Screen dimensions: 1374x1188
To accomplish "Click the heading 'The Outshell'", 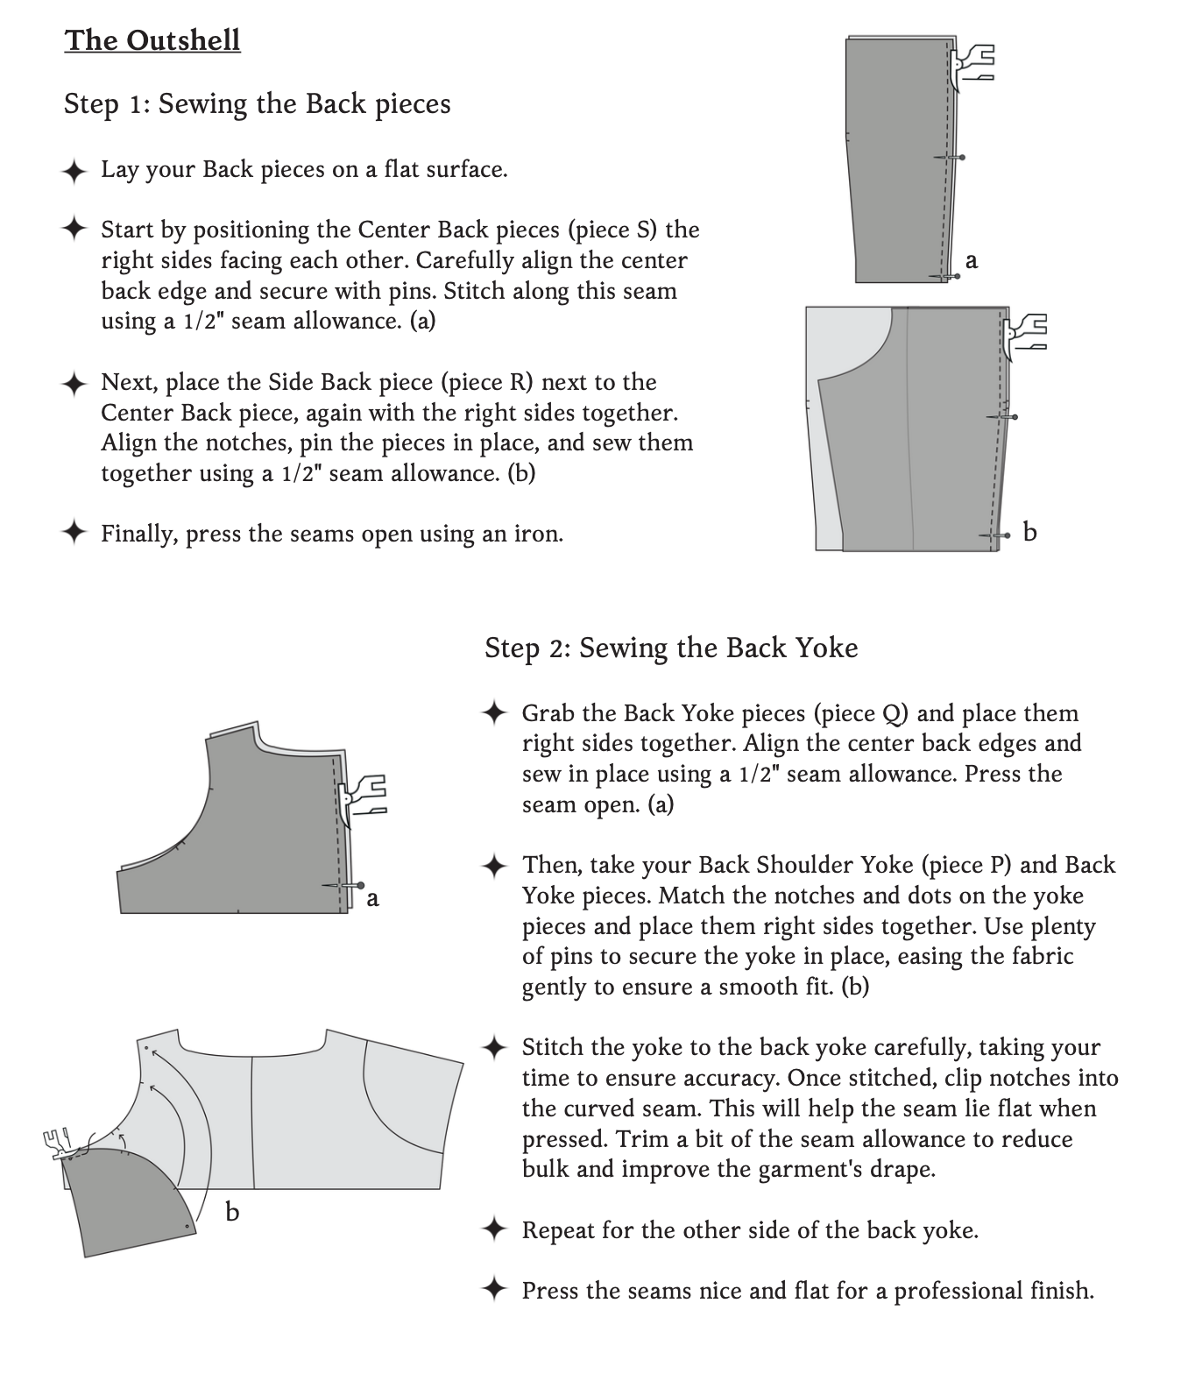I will [152, 40].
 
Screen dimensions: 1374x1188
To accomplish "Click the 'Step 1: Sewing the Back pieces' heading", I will [257, 103].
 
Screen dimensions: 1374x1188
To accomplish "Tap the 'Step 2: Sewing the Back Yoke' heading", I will [671, 648].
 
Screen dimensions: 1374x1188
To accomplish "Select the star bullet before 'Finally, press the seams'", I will [74, 533].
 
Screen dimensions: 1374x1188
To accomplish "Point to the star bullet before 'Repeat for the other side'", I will [495, 1230].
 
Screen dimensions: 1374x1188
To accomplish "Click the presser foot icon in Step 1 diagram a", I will [972, 64].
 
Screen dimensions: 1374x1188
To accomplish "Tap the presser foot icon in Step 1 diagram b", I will [1024, 333].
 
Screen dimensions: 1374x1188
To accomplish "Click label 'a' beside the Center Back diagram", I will [971, 260].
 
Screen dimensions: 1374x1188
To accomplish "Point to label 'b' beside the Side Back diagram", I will [1030, 532].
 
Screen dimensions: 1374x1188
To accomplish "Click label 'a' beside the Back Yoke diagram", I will [373, 898].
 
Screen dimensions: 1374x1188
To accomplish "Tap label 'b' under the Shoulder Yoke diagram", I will [232, 1212].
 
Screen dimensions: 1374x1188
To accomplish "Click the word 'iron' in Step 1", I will [540, 534].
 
